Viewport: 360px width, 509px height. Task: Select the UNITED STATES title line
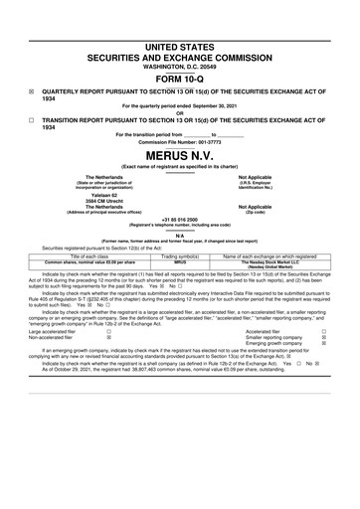click(x=180, y=47)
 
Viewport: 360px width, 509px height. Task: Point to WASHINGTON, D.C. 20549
click(x=180, y=67)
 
